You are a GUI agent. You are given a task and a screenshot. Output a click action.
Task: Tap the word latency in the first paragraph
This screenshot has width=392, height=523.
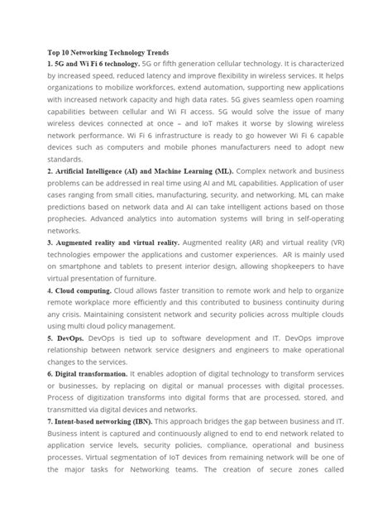pyautogui.click(x=189, y=75)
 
